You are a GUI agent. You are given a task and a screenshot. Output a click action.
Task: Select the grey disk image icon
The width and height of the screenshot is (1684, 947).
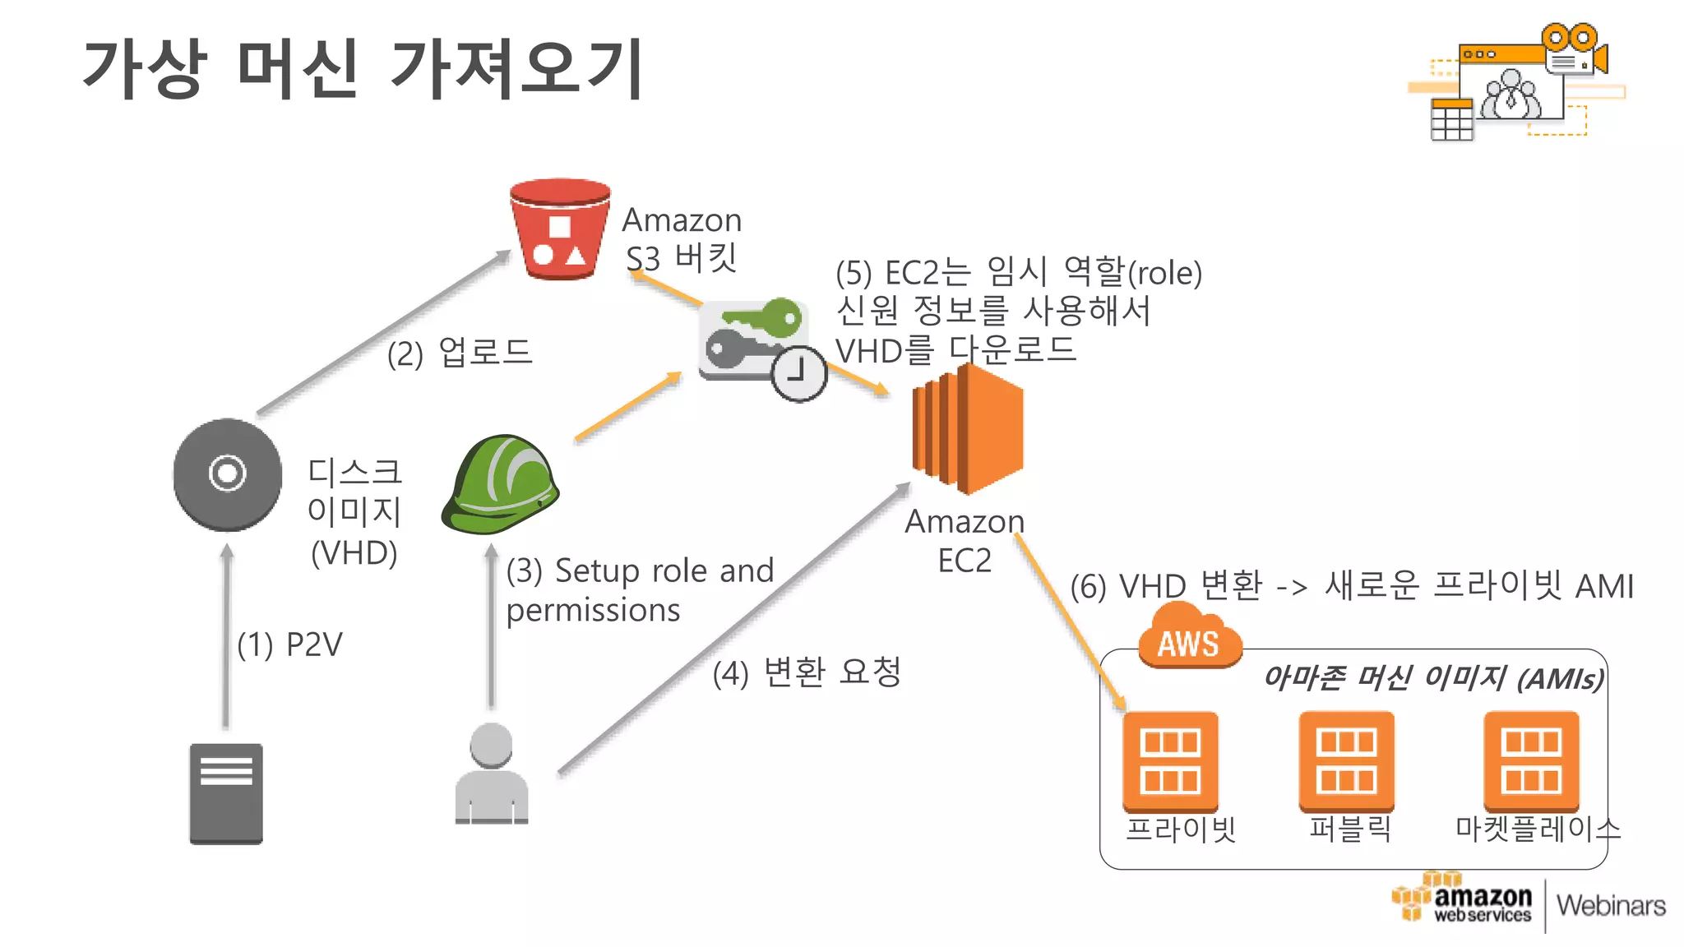pyautogui.click(x=228, y=474)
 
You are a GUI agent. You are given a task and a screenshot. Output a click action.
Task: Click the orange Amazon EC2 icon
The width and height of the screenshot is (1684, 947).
pyautogui.click(x=967, y=429)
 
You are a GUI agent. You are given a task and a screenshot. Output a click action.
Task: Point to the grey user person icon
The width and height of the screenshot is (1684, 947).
pyautogui.click(x=492, y=774)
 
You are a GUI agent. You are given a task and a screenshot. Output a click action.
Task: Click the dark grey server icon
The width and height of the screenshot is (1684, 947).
pyautogui.click(x=226, y=793)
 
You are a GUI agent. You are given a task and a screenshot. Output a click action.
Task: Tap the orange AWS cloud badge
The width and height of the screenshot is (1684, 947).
pyautogui.click(x=1189, y=639)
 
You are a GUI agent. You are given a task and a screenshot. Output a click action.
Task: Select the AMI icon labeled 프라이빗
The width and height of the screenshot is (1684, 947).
pyautogui.click(x=1170, y=760)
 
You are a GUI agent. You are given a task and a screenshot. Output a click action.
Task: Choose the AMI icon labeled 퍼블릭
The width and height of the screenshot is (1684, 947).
pyautogui.click(x=1346, y=760)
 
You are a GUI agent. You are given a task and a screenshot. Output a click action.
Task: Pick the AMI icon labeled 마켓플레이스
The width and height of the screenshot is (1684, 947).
pyautogui.click(x=1531, y=760)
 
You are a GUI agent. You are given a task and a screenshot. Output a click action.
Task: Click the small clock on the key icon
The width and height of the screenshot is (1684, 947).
pyautogui.click(x=798, y=374)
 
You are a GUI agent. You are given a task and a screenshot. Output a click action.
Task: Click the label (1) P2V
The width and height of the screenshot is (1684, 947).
pyautogui.click(x=289, y=644)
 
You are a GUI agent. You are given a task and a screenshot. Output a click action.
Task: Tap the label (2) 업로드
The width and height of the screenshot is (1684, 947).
pyautogui.click(x=460, y=353)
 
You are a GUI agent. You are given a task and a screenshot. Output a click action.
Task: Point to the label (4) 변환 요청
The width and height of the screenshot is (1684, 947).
pyautogui.click(x=807, y=672)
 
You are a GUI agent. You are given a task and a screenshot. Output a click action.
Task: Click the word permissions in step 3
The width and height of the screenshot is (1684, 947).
pyautogui.click(x=593, y=610)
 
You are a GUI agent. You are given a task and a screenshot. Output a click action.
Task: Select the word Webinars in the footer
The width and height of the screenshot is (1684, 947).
pyautogui.click(x=1610, y=905)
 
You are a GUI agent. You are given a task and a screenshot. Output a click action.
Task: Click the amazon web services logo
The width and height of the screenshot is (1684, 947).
pyautogui.click(x=1464, y=902)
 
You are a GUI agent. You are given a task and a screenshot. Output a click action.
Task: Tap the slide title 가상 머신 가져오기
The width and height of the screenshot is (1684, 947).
pyautogui.click(x=363, y=69)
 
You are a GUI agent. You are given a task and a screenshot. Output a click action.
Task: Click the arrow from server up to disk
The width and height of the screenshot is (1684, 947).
pyautogui.click(x=227, y=637)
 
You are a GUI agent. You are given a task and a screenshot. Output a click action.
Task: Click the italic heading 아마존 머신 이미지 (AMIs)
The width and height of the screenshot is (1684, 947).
pyautogui.click(x=1432, y=678)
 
